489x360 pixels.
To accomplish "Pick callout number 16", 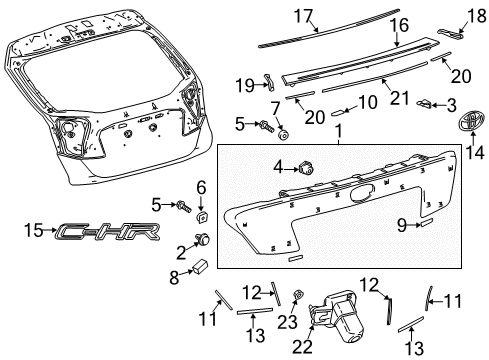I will coord(399,25).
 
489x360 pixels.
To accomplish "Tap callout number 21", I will coord(398,98).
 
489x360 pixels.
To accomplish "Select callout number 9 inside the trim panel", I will coord(400,226).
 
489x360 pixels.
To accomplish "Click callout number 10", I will coord(367,101).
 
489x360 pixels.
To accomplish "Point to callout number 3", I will coord(451,104).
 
